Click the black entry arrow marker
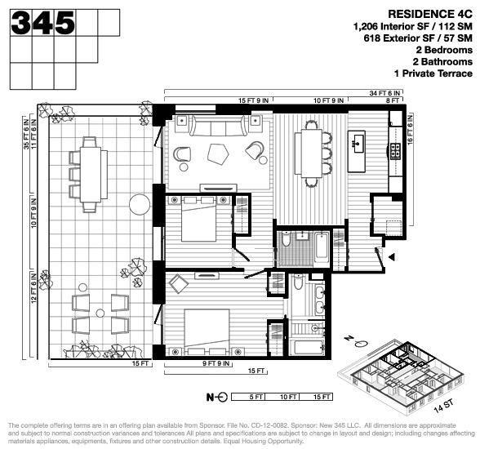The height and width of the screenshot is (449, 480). (x=392, y=257)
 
